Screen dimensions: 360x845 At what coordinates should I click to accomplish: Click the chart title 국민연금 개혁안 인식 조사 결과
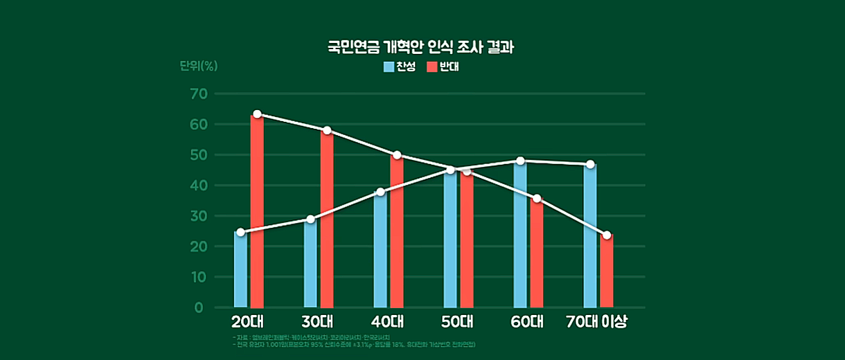pos(423,48)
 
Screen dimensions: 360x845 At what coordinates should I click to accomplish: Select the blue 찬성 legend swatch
pos(389,67)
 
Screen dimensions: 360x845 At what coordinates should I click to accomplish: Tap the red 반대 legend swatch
pos(432,67)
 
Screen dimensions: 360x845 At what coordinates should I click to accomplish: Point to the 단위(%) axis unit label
pos(199,66)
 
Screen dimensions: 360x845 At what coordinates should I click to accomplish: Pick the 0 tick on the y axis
pos(199,307)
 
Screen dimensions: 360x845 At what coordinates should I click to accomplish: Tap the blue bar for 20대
pos(240,270)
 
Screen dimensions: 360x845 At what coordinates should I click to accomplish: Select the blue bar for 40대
pos(380,249)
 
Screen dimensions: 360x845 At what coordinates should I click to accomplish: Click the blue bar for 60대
pos(520,235)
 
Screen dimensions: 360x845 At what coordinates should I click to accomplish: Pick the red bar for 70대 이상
pos(607,271)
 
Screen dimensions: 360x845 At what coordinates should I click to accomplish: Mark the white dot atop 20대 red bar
pos(257,114)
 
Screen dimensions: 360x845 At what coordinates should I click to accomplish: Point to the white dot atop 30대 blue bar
pos(310,219)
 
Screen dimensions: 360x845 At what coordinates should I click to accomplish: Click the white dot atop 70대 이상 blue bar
pos(590,164)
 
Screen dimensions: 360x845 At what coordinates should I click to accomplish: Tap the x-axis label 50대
pos(457,322)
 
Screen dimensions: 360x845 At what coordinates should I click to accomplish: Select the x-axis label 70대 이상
pos(596,322)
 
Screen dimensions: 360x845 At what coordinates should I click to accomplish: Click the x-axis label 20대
pos(248,322)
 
